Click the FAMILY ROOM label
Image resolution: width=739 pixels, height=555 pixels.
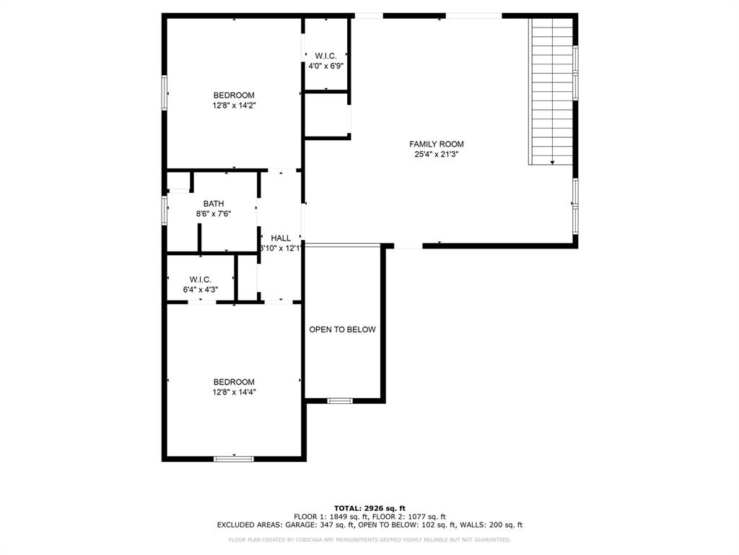(x=436, y=144)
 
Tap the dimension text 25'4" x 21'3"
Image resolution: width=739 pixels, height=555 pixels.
(x=436, y=154)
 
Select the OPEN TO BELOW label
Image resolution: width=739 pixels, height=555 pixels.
(x=342, y=330)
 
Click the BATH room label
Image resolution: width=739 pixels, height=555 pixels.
(x=213, y=204)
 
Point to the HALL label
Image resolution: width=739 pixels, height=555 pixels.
(x=281, y=238)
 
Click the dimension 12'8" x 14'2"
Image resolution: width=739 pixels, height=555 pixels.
(x=234, y=106)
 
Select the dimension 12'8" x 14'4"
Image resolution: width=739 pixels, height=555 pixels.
(x=234, y=392)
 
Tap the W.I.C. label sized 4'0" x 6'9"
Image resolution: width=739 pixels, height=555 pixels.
(x=325, y=56)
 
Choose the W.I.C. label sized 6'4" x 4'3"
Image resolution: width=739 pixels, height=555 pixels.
(x=200, y=280)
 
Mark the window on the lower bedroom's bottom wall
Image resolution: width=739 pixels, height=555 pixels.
(x=234, y=457)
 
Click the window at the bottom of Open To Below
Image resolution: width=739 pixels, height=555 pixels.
(x=339, y=400)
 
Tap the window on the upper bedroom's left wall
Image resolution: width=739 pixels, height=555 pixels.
(x=165, y=92)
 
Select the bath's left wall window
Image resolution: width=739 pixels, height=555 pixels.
(x=165, y=210)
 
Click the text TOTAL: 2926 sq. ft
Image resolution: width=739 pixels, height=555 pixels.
(x=369, y=508)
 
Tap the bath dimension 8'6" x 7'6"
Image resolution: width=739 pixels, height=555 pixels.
(x=213, y=214)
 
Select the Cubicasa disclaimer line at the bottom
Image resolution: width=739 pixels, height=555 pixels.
(x=369, y=540)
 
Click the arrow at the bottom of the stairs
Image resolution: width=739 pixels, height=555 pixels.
(x=552, y=163)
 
